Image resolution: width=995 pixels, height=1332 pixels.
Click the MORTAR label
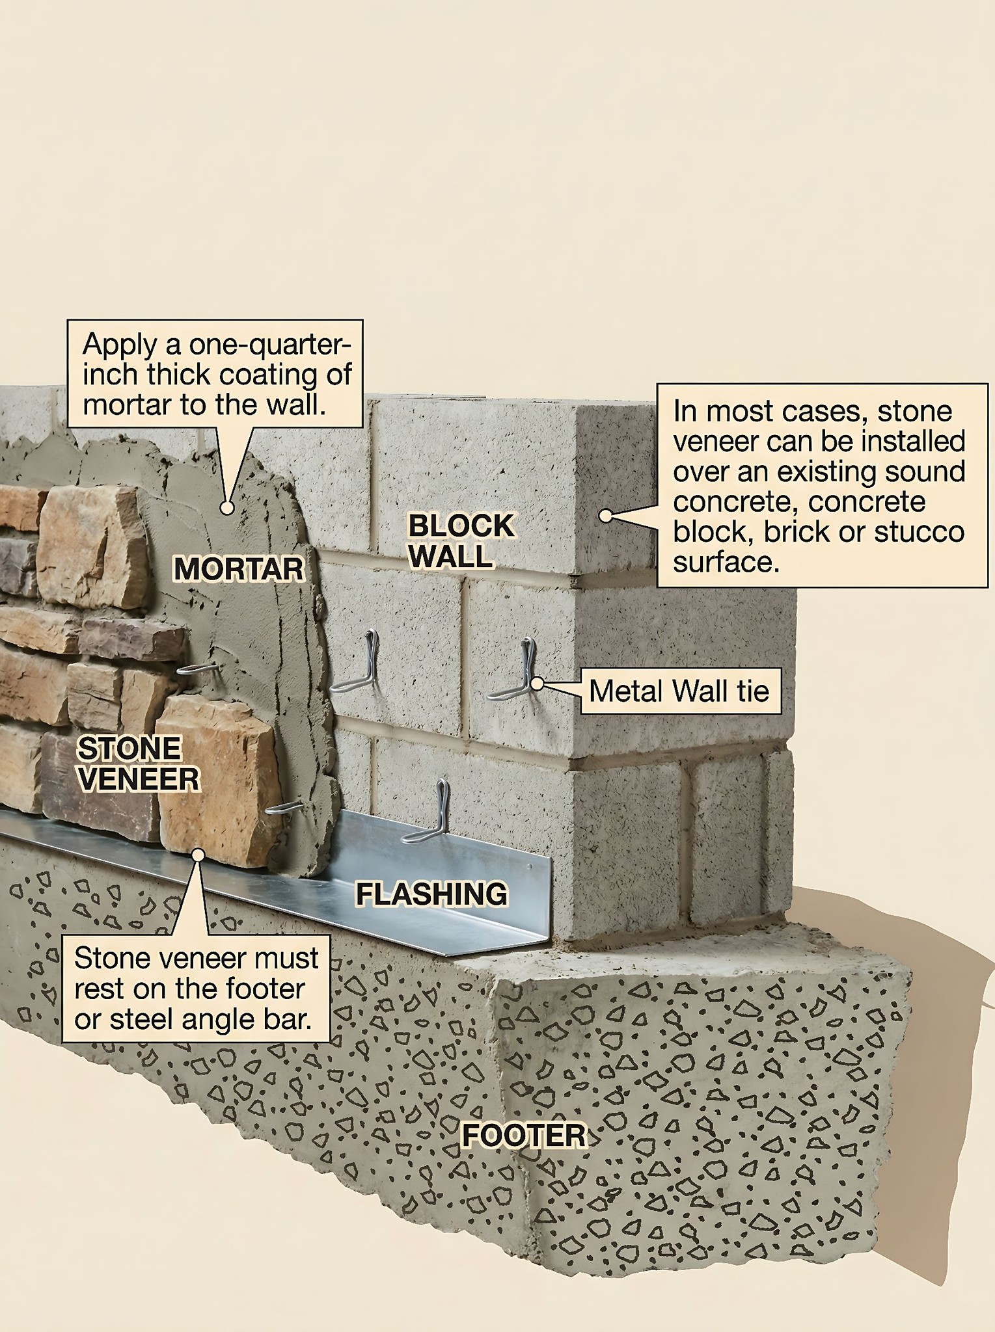tap(239, 569)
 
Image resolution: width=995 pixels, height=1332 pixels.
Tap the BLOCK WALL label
tap(461, 541)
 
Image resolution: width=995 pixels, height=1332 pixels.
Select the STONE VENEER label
tap(139, 764)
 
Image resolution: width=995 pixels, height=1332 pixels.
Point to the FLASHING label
tap(431, 894)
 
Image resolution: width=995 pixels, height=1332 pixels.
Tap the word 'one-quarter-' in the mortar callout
tap(266, 345)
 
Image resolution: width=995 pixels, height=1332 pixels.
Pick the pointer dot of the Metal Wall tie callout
tap(537, 684)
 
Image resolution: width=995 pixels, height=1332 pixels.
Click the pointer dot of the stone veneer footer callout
tap(198, 855)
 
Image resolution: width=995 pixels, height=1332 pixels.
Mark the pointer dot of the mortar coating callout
tap(226, 507)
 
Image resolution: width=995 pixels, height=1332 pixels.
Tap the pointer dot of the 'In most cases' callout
tap(605, 516)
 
